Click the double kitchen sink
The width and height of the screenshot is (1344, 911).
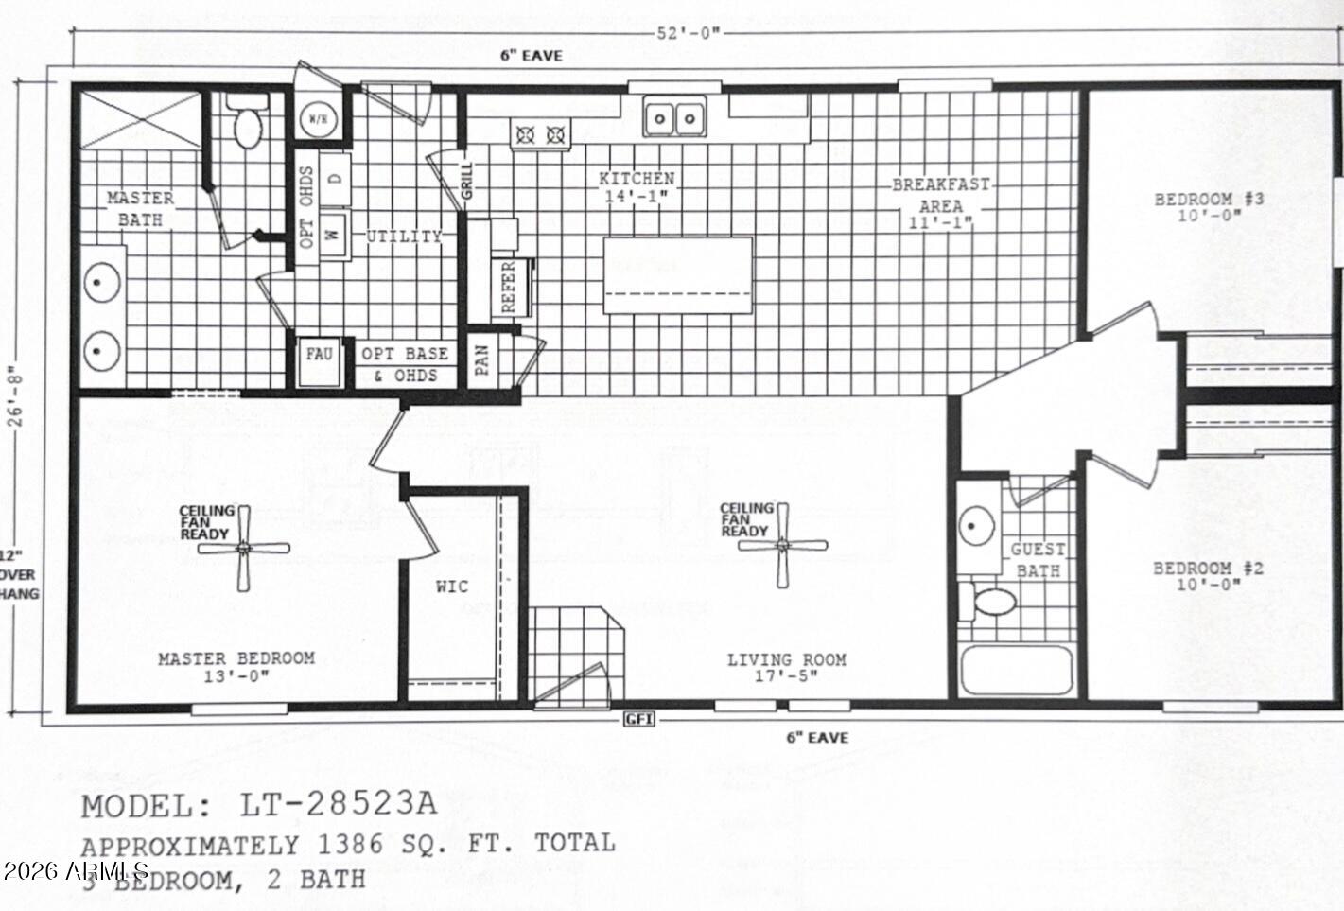674,118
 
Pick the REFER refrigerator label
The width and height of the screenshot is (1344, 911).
508,287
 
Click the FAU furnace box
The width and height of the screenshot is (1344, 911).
319,355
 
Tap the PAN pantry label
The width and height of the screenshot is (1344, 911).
481,359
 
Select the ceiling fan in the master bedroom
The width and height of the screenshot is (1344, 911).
245,547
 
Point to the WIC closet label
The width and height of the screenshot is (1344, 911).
452,587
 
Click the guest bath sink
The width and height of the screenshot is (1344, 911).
976,525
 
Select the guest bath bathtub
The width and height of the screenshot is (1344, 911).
1016,671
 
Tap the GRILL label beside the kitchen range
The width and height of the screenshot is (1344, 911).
466,181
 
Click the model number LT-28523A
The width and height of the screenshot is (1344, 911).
339,804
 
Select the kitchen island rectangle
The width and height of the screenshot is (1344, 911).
678,275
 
